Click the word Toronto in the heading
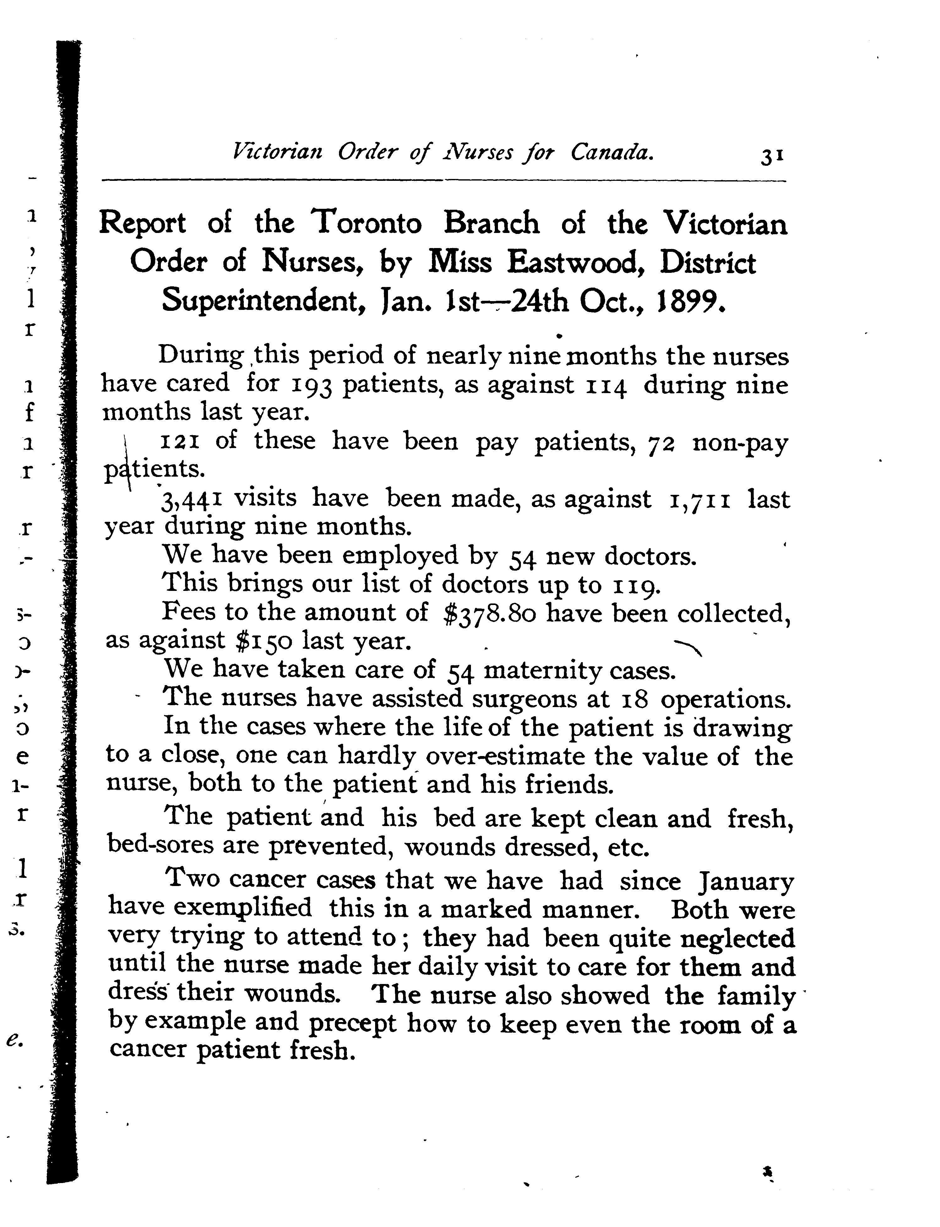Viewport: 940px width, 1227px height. [x=367, y=224]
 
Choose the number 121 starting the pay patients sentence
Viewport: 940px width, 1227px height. [x=180, y=442]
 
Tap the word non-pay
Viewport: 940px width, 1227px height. [x=740, y=443]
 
